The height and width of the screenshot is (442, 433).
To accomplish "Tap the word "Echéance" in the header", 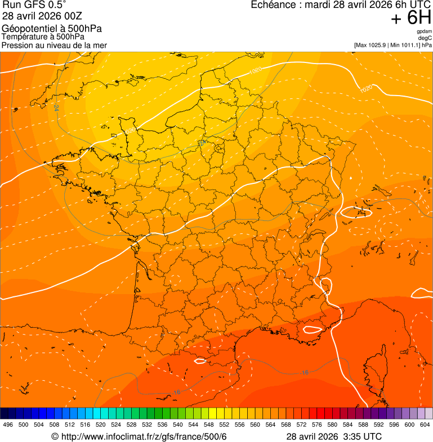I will (x=273, y=5).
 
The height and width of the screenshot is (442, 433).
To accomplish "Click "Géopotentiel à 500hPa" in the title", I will (x=52, y=29).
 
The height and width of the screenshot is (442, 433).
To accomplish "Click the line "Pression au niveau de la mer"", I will (x=54, y=45).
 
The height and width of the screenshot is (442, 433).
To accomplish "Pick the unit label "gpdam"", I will (x=425, y=31).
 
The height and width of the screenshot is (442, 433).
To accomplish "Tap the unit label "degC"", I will (x=426, y=38).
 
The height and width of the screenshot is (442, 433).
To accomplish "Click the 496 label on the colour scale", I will (x=8, y=425).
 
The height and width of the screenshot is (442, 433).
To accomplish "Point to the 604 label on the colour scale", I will (x=425, y=425).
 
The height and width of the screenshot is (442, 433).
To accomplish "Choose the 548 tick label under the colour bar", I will (x=208, y=425).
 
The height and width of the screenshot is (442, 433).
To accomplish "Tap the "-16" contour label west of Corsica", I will (x=305, y=372).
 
